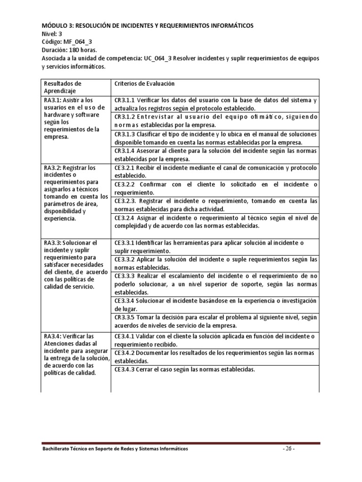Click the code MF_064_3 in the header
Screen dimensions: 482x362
coord(77,41)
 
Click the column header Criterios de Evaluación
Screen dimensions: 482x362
coord(144,83)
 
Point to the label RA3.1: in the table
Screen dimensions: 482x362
coord(54,100)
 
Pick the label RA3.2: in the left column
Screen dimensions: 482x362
coord(54,168)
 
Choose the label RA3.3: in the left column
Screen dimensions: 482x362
coord(54,242)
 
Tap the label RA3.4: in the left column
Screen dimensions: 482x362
coord(54,336)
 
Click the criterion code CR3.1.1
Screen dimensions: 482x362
coord(125,100)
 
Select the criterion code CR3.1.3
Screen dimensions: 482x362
coord(125,134)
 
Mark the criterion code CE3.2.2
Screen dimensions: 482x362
coord(125,185)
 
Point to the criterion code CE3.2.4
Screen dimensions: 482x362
coord(125,218)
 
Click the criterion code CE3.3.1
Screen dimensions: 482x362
coord(124,243)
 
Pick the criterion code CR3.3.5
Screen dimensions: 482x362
coord(125,317)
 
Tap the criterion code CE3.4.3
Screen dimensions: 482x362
coord(124,370)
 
